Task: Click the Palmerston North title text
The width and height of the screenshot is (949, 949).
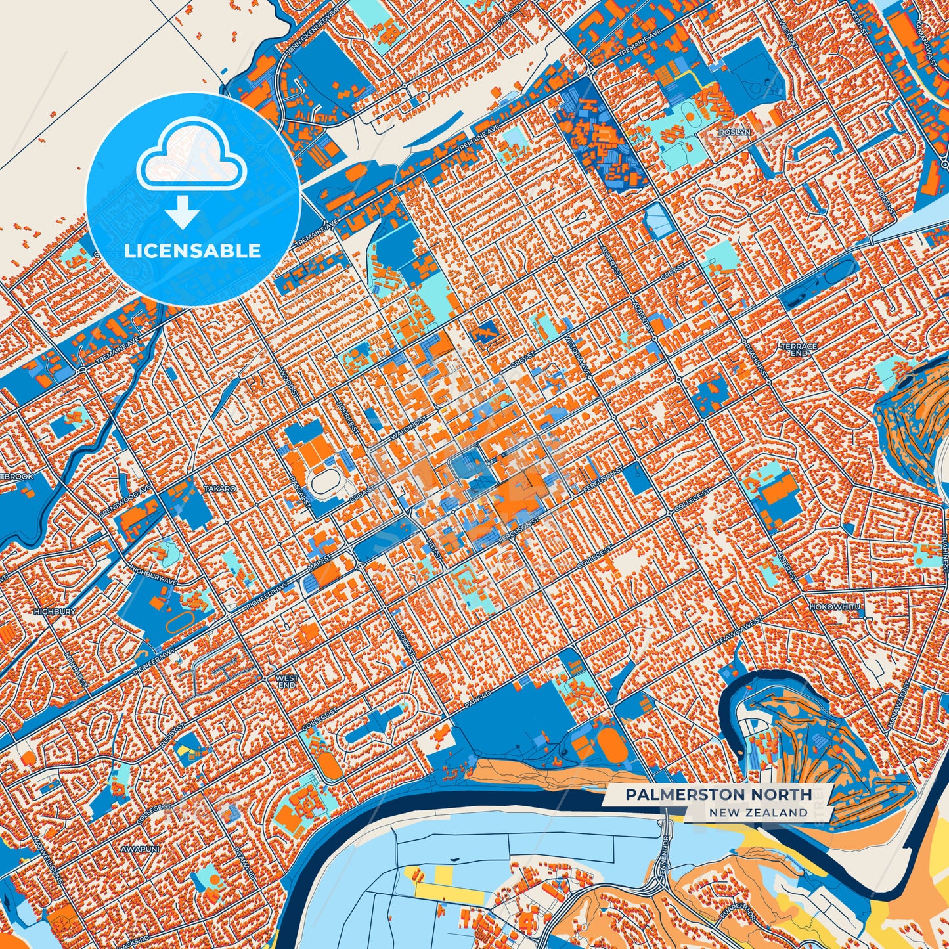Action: pos(718,795)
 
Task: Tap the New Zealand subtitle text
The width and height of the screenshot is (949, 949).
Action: pos(758,813)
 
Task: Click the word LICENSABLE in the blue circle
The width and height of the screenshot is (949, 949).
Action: pos(192,251)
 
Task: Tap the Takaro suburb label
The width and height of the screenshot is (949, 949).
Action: pos(219,489)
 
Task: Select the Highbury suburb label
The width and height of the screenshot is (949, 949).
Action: pos(54,611)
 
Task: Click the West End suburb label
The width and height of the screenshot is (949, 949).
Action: pos(286,681)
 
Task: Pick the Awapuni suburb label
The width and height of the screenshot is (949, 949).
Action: pos(137,849)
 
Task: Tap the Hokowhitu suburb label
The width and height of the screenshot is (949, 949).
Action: pos(834,607)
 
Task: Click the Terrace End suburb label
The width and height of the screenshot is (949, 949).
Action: pos(799,349)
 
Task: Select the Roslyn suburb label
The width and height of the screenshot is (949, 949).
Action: pos(734,132)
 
